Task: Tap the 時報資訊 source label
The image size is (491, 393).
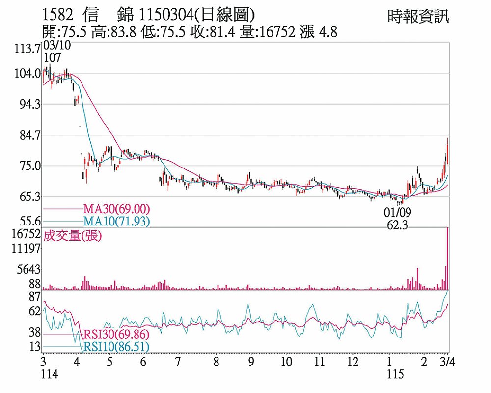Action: pos(418,17)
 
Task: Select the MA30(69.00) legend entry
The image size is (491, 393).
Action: pos(116,209)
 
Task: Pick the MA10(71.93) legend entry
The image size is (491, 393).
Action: pos(116,222)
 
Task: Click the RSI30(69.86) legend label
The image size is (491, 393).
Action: pos(116,335)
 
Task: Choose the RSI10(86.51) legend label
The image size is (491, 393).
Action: pos(116,347)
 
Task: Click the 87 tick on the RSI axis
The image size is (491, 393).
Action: pos(34,297)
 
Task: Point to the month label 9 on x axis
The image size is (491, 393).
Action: pos(250,364)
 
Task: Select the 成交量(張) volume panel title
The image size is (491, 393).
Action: pos(73,236)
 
